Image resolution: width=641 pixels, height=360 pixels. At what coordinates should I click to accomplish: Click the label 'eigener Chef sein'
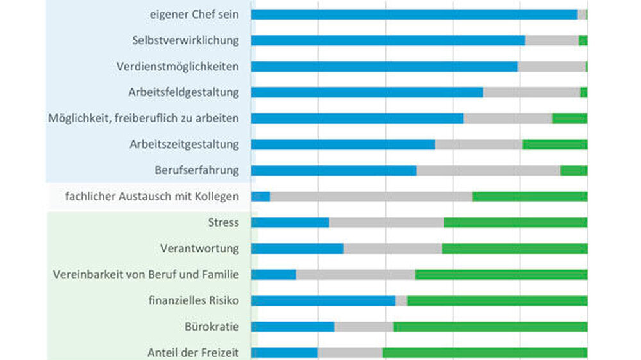[x=194, y=14]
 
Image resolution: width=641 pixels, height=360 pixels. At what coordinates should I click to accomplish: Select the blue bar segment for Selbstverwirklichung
[x=388, y=40]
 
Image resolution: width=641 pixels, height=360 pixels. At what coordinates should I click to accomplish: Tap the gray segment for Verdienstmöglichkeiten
[x=551, y=67]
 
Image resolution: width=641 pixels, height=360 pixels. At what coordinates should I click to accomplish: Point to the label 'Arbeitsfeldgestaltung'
[x=183, y=92]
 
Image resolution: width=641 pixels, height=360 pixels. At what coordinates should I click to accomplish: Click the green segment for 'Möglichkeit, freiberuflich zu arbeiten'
[x=569, y=119]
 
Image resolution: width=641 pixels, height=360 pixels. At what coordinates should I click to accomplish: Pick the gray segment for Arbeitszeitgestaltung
[x=479, y=144]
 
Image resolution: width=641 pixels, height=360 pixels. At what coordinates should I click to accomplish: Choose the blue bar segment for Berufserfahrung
[x=333, y=170]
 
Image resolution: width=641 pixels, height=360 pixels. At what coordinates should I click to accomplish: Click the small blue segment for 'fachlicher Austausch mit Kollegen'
[x=260, y=197]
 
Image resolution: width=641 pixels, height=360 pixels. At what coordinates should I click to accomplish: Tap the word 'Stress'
[x=224, y=222]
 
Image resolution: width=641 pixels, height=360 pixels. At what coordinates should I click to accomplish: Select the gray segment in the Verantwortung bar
[x=392, y=249]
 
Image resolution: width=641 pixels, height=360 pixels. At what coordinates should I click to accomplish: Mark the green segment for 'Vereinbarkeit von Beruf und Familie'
[x=501, y=275]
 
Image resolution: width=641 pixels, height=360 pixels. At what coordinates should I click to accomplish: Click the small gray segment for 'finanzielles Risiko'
[x=401, y=301]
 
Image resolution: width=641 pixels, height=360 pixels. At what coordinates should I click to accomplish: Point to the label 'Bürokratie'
[x=212, y=327]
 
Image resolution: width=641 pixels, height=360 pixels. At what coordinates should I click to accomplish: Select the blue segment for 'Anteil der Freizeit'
[x=285, y=353]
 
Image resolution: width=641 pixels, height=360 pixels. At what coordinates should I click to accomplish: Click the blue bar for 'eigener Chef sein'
[x=414, y=15]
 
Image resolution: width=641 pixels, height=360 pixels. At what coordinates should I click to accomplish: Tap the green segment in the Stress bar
[x=515, y=223]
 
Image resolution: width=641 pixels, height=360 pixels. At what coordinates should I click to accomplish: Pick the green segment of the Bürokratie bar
[x=490, y=327]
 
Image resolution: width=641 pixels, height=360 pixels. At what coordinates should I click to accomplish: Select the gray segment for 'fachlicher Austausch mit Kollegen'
[x=371, y=197]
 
